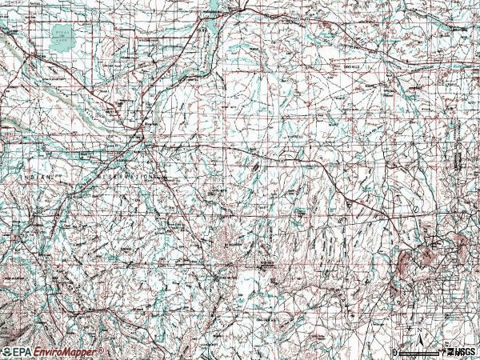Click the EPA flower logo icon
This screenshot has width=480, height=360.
pyautogui.click(x=6, y=352)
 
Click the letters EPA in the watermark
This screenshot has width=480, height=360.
pyautogui.click(x=19, y=352)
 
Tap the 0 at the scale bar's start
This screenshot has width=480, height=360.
pyautogui.click(x=395, y=352)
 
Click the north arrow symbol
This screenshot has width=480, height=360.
pyautogui.click(x=417, y=336)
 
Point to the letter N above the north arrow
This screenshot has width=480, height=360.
pyautogui.click(x=417, y=328)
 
